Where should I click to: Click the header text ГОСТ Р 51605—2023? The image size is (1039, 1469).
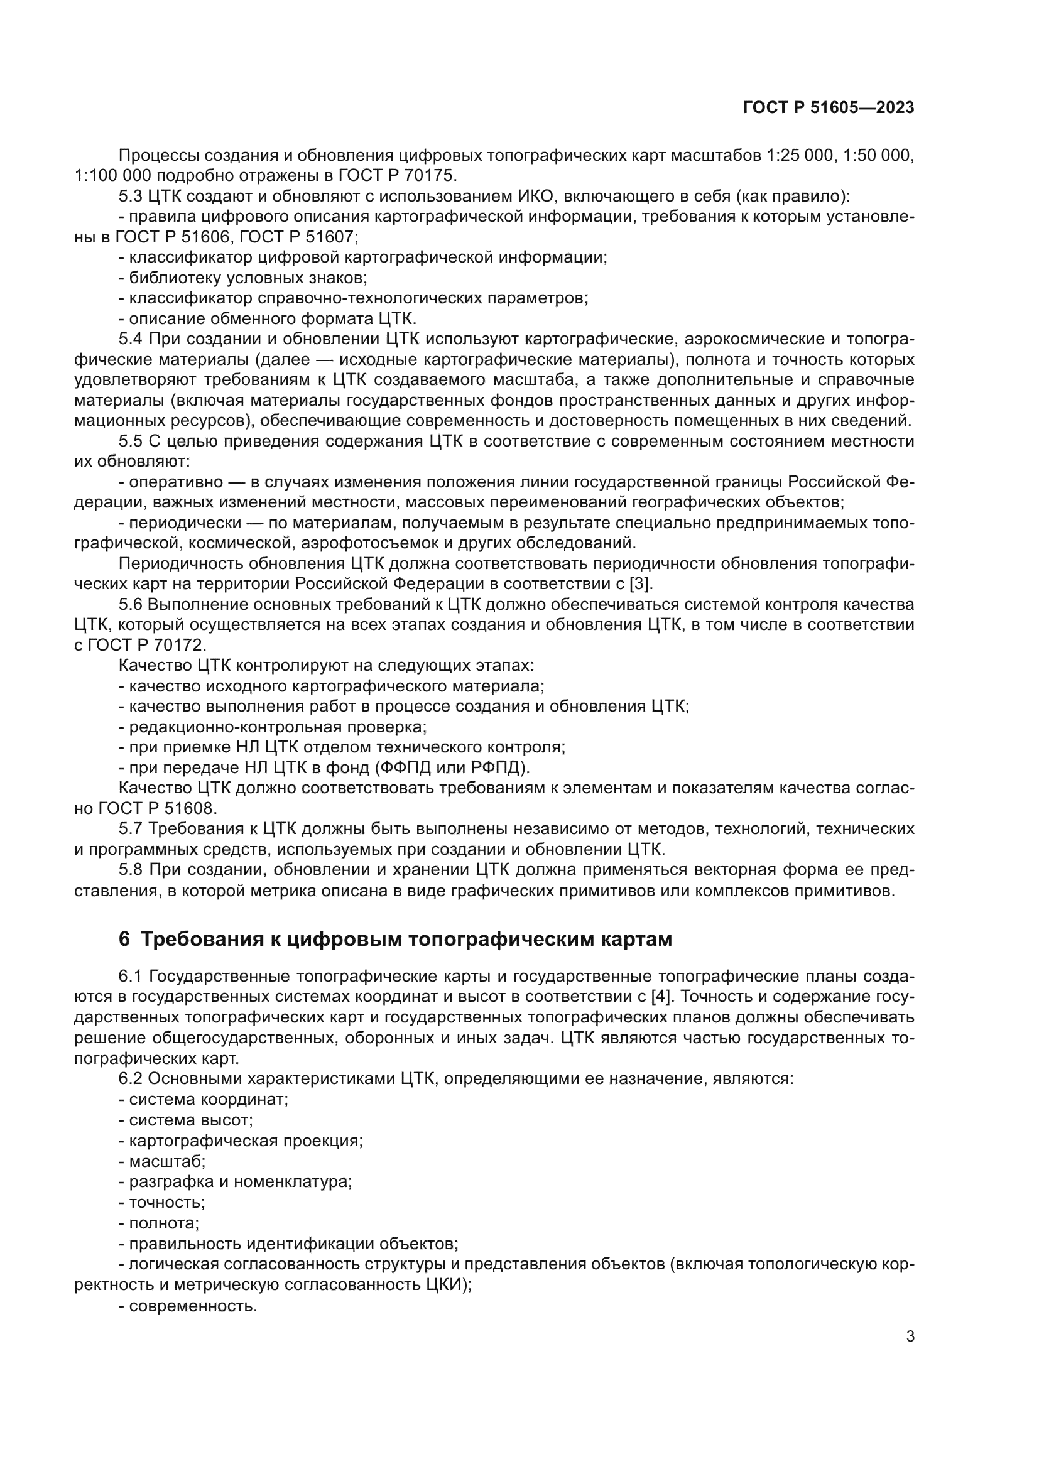click(x=828, y=107)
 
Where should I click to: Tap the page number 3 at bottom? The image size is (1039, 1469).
click(x=910, y=1336)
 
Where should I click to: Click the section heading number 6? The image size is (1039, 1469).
click(x=124, y=939)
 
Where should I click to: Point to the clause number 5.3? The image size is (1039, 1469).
click(x=131, y=196)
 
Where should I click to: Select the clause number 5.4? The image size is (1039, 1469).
click(x=131, y=339)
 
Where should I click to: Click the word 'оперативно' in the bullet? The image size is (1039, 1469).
click(x=176, y=482)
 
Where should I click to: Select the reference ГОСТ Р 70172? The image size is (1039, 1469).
click(x=146, y=645)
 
